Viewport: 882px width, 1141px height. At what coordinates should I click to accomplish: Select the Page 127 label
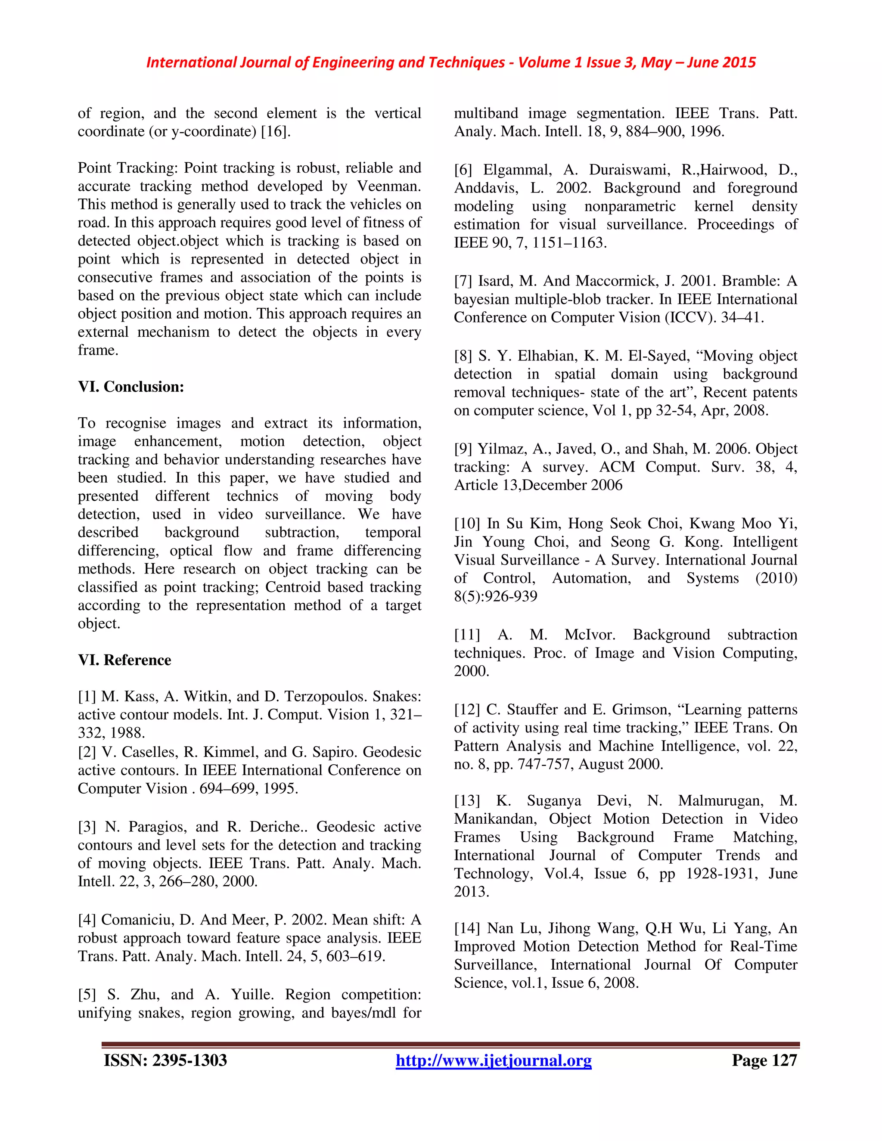[764, 1060]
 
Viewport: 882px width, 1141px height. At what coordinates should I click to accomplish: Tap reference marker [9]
[463, 449]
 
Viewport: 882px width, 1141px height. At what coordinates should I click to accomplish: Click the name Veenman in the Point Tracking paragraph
[389, 186]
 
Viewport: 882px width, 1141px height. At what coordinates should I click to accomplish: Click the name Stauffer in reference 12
[532, 710]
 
